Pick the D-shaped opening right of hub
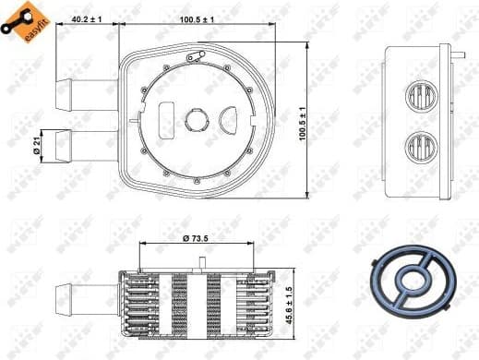(x=228, y=119)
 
